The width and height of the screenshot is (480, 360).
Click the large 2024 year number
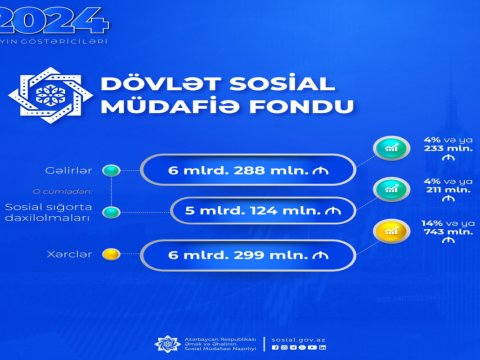tap(54, 17)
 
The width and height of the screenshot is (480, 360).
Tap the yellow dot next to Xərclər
tap(114, 254)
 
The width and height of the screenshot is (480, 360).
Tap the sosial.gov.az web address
tap(297, 339)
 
